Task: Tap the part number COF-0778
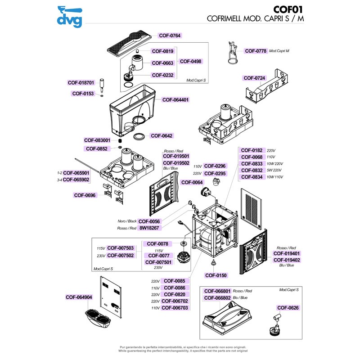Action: coord(256,51)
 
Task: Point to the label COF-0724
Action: coord(255,78)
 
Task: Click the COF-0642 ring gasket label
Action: coord(162,135)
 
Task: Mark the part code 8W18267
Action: coord(149,228)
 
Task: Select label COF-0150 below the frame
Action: coord(216,275)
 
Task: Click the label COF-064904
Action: coord(79,297)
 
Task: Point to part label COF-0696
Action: coord(85,195)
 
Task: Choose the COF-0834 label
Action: coord(252,177)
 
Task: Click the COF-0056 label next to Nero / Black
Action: coord(149,221)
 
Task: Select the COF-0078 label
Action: coord(158,244)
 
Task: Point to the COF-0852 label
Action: coord(96,148)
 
